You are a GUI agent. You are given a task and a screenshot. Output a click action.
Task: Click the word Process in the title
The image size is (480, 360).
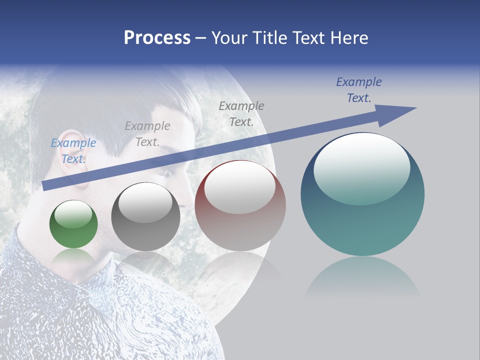157,38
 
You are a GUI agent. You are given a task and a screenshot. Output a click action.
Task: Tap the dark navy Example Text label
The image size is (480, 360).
359,90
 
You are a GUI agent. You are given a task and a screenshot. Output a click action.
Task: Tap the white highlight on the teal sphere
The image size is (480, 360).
362,167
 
